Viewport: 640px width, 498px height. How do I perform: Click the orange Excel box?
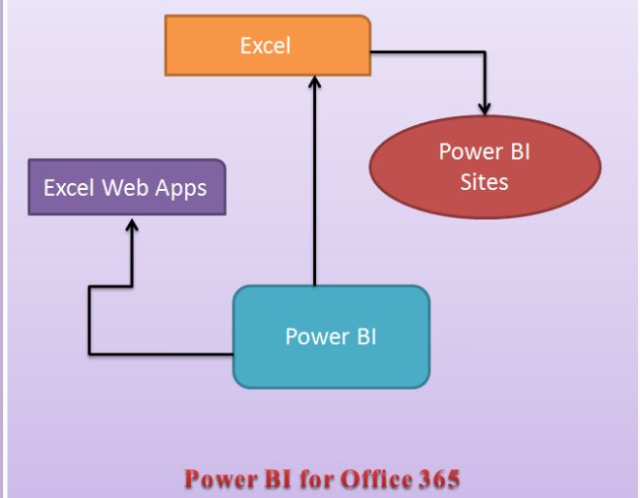pos(266,45)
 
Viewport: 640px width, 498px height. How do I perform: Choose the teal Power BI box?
pos(331,336)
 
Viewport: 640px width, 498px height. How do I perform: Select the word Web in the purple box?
pos(120,187)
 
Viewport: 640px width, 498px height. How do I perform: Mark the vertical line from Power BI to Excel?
pos(314,197)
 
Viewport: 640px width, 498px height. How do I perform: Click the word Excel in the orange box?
pos(266,45)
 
